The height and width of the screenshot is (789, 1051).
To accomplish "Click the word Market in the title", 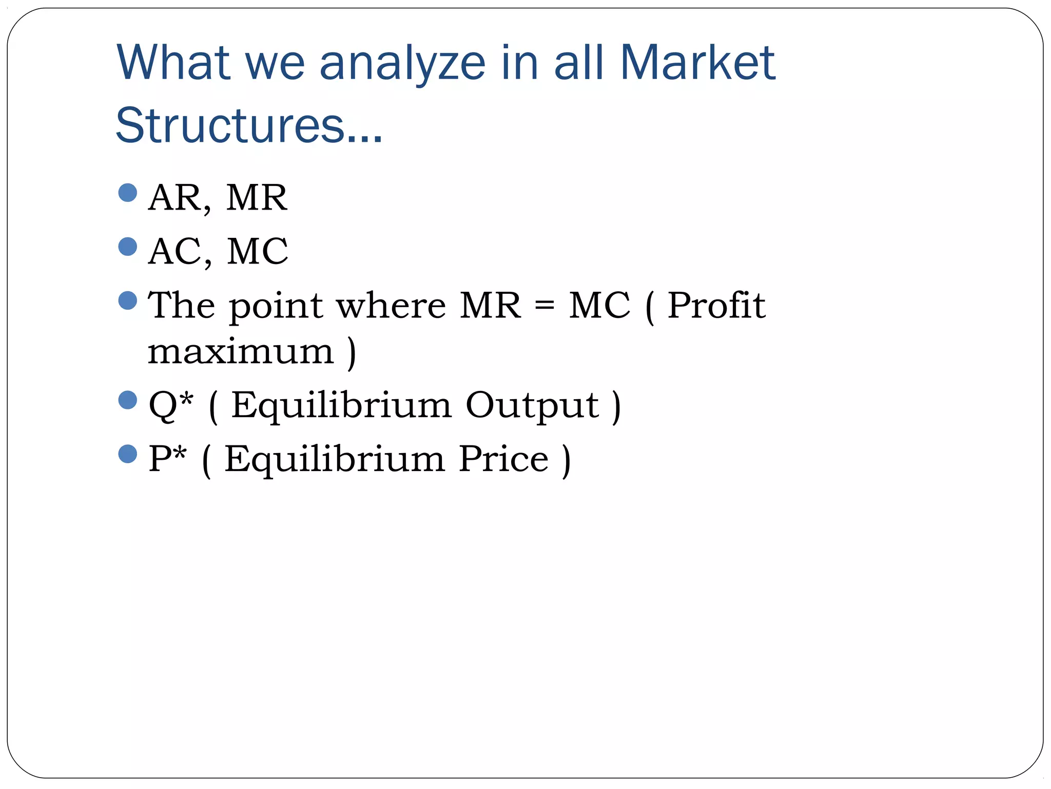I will pyautogui.click(x=697, y=63).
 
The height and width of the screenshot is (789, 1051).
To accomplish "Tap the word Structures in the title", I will pyautogui.click(x=229, y=125).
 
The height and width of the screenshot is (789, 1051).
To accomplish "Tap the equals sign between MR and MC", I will pyautogui.click(x=544, y=306).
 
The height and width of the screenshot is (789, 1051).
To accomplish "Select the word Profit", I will pyautogui.click(x=716, y=306).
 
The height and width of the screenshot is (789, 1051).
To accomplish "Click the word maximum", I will pyautogui.click(x=241, y=352).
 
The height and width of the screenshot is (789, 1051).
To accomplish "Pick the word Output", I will pyautogui.click(x=532, y=405).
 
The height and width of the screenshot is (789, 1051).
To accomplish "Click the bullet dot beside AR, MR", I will pyautogui.click(x=127, y=193).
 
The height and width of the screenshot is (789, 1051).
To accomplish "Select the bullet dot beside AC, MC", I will pyautogui.click(x=127, y=247).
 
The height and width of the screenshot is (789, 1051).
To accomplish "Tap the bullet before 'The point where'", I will pyautogui.click(x=127, y=300).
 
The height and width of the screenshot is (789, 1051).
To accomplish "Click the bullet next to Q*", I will pyautogui.click(x=127, y=400).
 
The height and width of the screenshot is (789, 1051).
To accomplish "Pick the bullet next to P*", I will pyautogui.click(x=127, y=454).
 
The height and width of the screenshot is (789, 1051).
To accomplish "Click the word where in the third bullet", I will pyautogui.click(x=391, y=306).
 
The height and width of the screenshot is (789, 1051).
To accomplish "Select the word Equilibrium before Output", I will pyautogui.click(x=341, y=406).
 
